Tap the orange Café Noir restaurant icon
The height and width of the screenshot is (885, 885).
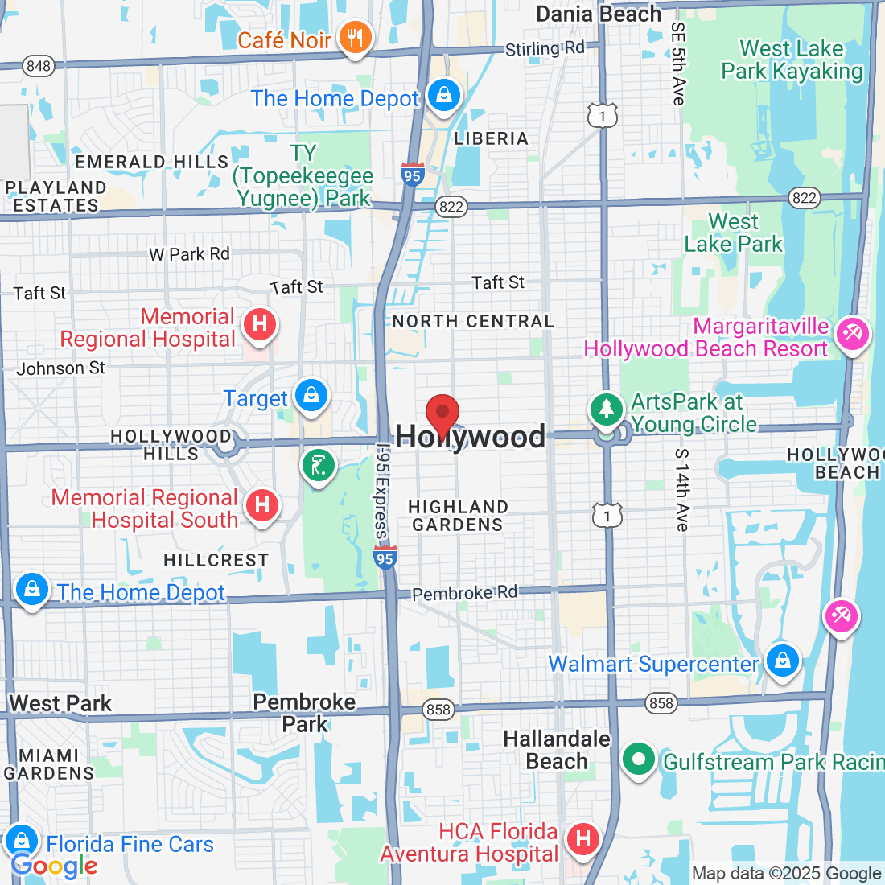pos(354,38)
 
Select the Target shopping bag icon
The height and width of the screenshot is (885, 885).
pos(311,396)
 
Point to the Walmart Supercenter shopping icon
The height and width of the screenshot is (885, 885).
pos(782,661)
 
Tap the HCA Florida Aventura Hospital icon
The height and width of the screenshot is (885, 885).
pos(583,839)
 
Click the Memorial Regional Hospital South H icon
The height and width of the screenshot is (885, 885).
pos(261,506)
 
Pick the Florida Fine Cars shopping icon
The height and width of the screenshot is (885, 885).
pos(22,842)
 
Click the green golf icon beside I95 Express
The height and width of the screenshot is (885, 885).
pos(318,466)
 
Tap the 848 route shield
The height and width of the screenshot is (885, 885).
pos(38,66)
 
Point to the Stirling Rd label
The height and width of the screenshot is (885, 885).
pos(545,49)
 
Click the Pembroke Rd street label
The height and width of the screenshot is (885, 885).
pos(464,594)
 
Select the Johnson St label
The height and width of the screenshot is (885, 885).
pos(61,368)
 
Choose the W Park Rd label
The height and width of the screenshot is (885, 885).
pos(190,254)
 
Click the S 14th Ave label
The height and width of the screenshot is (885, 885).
pos(682,490)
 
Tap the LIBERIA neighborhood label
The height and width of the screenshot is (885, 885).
pos(491,138)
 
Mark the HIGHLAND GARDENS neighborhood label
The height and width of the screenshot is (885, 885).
pos(458,516)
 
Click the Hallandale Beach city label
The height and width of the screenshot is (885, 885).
pos(557,750)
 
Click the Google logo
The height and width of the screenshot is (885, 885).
pos(54,866)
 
